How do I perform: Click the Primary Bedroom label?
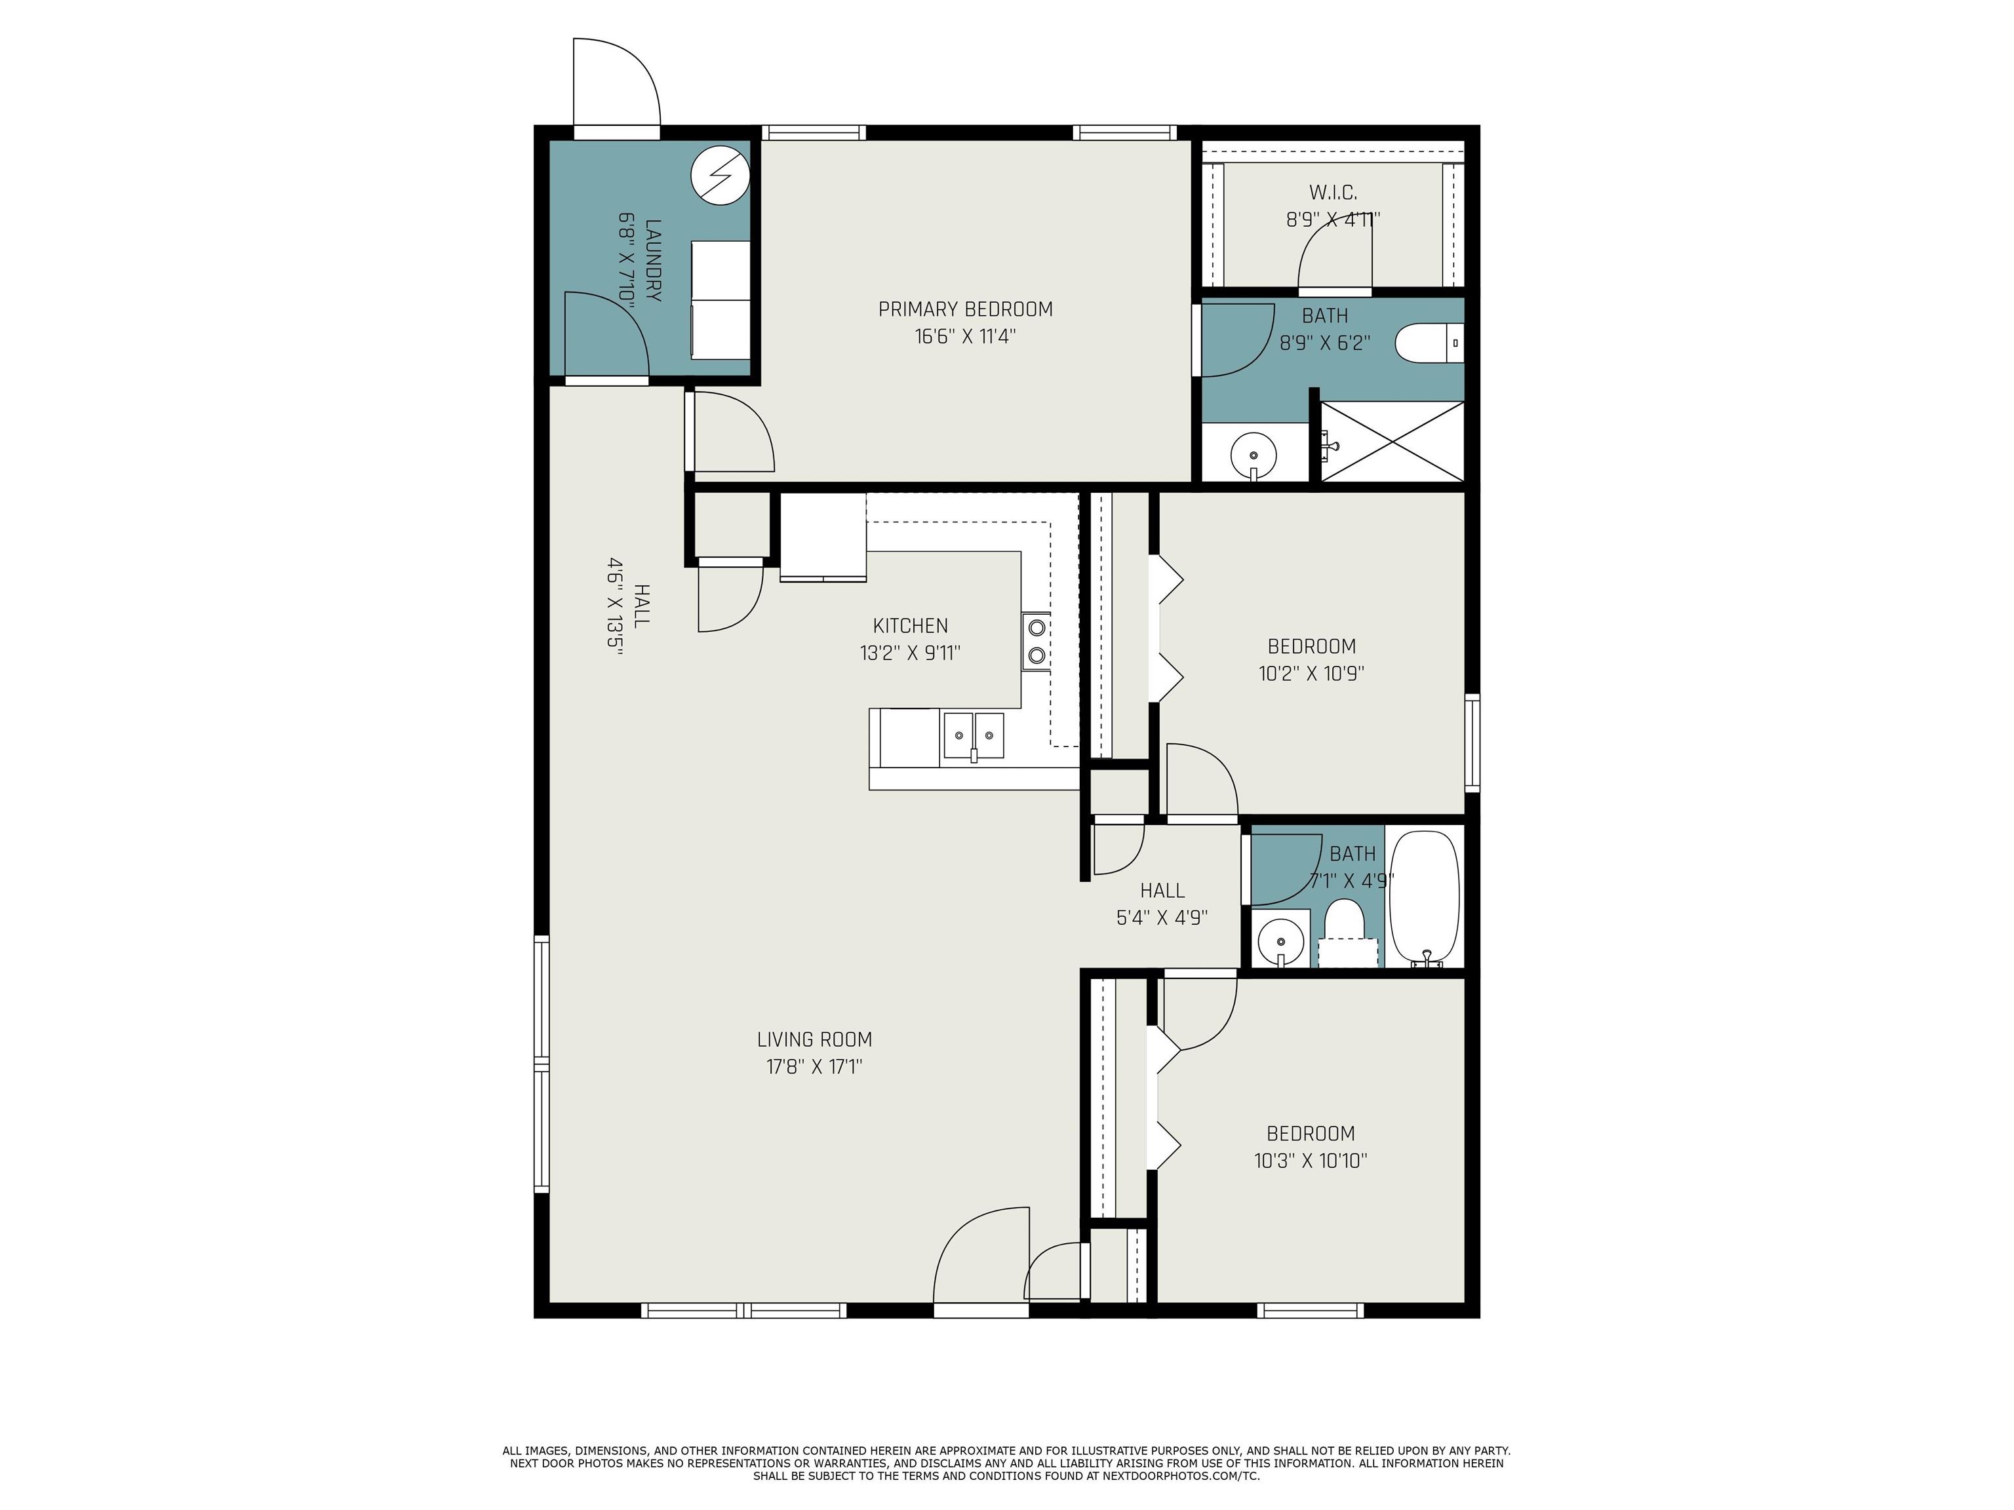[965, 309]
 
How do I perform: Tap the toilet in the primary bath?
[1429, 343]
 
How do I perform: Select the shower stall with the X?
[1392, 442]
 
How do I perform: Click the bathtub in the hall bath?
[1425, 897]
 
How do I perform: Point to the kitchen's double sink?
[974, 735]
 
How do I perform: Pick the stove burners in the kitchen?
[1036, 641]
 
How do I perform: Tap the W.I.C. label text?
[1333, 192]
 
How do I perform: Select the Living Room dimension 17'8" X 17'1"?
[814, 1066]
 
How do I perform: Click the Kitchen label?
[911, 625]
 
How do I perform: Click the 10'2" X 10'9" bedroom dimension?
[1311, 674]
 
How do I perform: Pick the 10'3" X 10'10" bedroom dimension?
[1310, 1161]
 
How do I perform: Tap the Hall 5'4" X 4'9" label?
[1162, 904]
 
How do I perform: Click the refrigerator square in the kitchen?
[823, 536]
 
